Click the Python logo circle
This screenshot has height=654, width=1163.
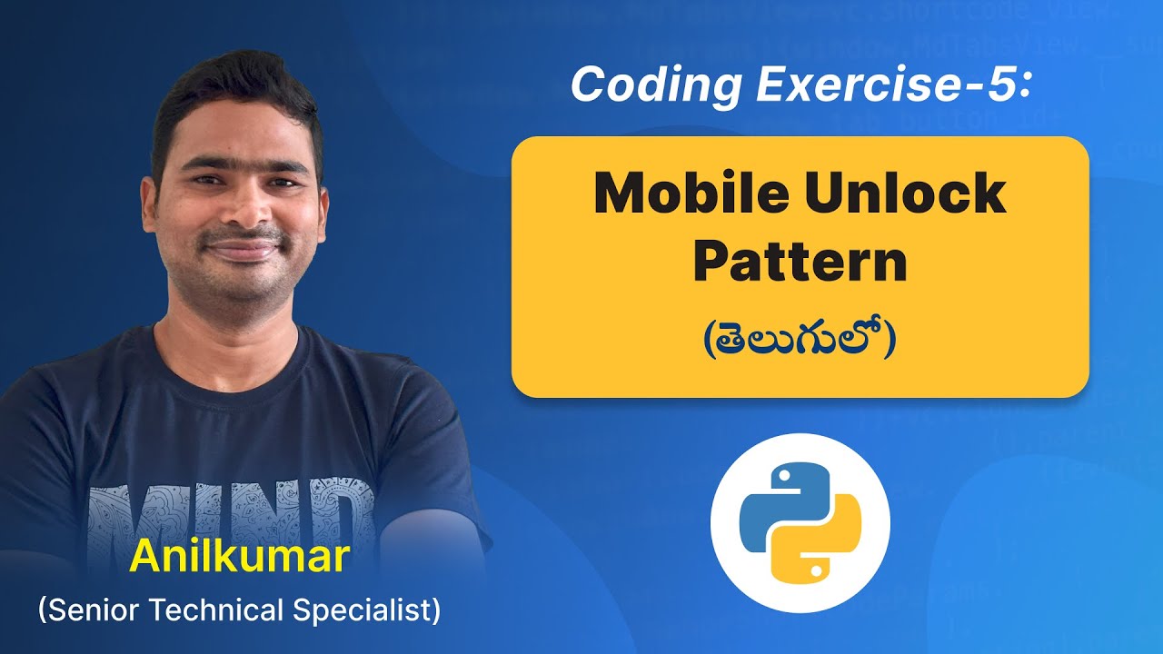pos(800,523)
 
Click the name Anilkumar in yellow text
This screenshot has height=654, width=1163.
pos(239,557)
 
